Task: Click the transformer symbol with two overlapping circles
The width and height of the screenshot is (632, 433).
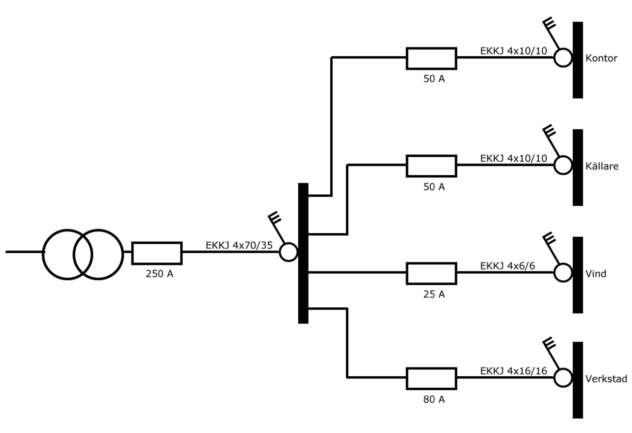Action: (83, 254)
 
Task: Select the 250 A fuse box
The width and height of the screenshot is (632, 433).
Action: (157, 253)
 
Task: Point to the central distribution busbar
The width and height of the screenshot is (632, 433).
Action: (303, 253)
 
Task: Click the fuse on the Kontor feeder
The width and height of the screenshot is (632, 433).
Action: (431, 58)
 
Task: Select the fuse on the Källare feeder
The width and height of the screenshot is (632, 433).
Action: (431, 165)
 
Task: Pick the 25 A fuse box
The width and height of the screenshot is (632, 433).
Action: (431, 273)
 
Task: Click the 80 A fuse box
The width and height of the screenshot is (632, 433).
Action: (431, 378)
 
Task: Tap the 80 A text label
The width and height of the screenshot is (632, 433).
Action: (433, 398)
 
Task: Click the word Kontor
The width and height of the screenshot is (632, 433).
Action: (602, 58)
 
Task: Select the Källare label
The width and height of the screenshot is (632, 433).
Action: (602, 166)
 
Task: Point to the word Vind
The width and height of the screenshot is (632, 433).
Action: (596, 274)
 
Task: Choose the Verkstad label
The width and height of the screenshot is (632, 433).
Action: (606, 379)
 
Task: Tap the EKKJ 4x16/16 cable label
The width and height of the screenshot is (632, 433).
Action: (514, 371)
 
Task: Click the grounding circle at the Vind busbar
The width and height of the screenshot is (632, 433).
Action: (563, 273)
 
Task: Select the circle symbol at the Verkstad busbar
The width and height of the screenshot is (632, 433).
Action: (563, 378)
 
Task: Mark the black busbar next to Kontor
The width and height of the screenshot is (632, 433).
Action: (578, 60)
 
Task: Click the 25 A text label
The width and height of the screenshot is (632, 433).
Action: (433, 294)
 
